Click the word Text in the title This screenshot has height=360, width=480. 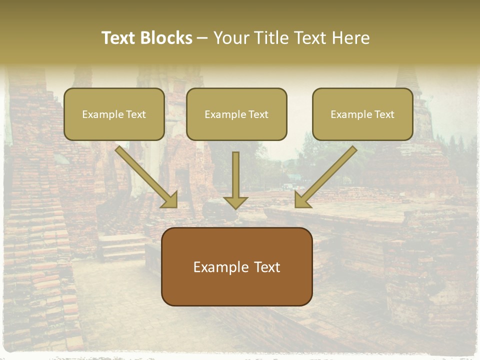pyautogui.click(x=118, y=38)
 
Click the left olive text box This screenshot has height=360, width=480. pyautogui.click(x=114, y=114)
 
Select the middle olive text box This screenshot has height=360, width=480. pyautogui.click(x=236, y=114)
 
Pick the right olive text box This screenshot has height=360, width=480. pyautogui.click(x=362, y=114)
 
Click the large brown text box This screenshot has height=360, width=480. pyautogui.click(x=236, y=266)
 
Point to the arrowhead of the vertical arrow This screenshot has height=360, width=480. pyautogui.click(x=235, y=202)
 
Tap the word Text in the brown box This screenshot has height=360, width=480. pyautogui.click(x=267, y=267)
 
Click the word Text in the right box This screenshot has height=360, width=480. pyautogui.click(x=384, y=114)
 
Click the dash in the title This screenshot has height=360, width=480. pyautogui.click(x=202, y=38)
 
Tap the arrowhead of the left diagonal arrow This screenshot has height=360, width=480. pyautogui.click(x=170, y=200)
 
